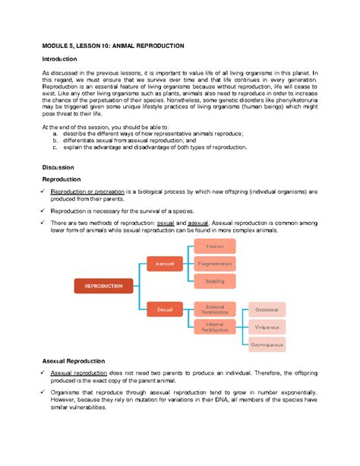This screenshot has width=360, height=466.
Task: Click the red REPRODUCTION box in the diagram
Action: pos(103,286)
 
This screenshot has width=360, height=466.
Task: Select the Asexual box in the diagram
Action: pos(165,263)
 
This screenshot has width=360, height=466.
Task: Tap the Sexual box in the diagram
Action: pos(165,309)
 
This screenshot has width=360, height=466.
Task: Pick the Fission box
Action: pos(215,246)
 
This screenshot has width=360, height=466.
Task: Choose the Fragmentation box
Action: pos(215,263)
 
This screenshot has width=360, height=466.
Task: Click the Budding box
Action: pos(215,281)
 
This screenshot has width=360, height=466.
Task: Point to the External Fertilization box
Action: pos(215,309)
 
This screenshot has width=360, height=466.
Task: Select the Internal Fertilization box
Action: pos(215,327)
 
